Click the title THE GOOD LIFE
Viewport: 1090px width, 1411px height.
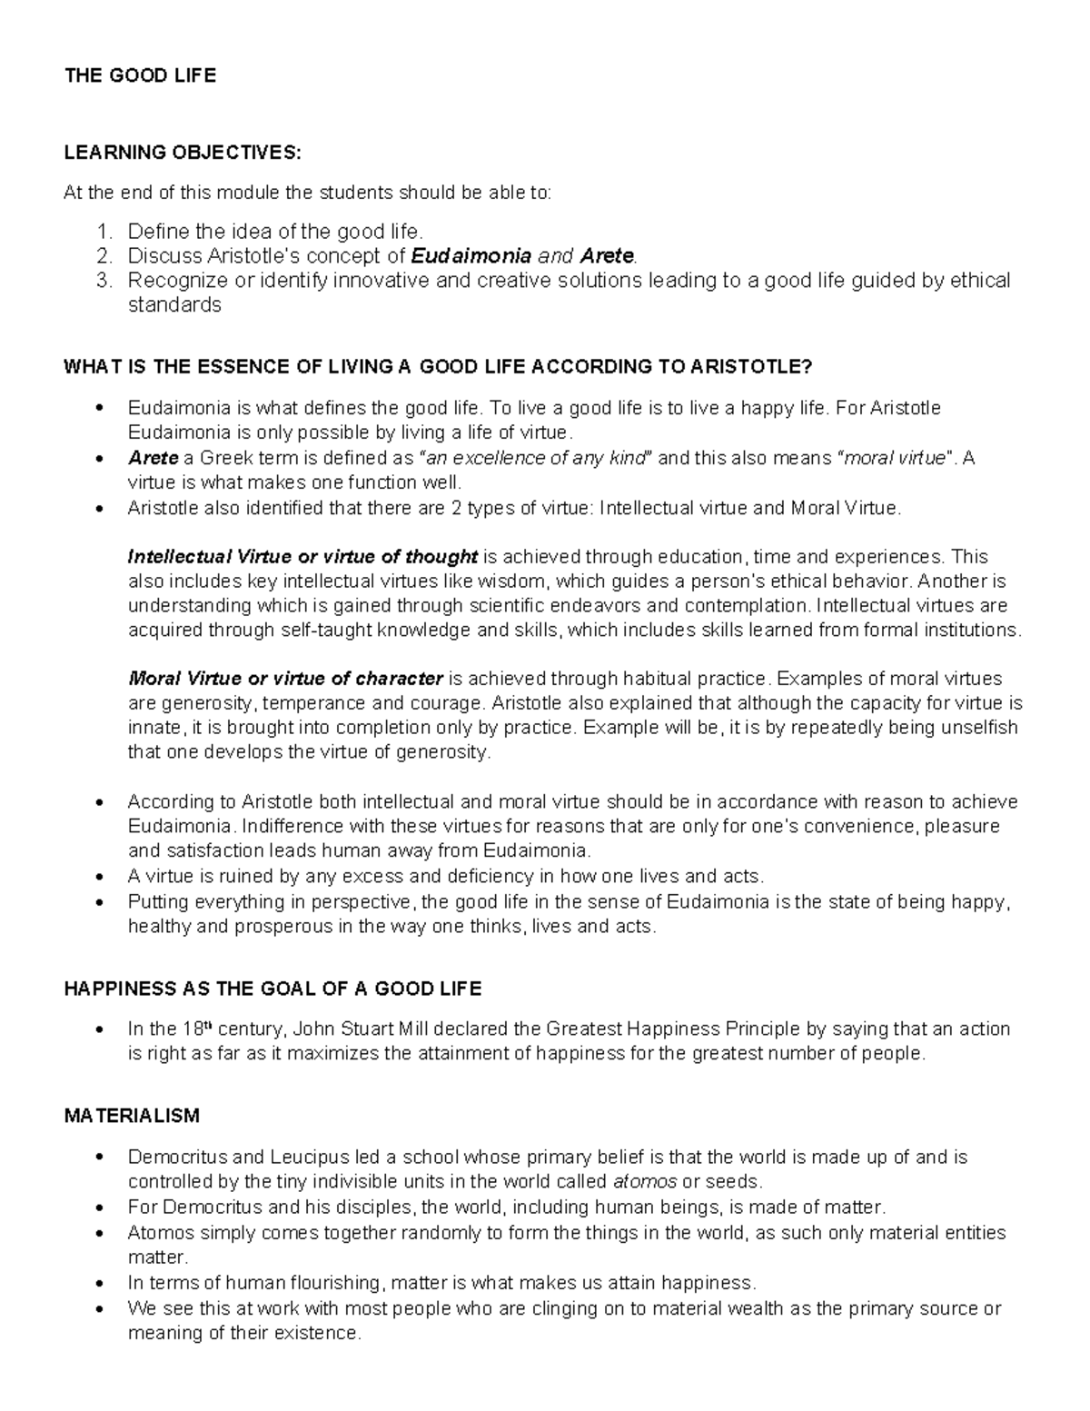point(140,76)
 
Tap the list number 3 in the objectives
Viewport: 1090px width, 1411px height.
point(103,281)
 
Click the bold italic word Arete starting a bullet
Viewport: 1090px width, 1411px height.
point(154,458)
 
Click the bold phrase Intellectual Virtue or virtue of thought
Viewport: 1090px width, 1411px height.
point(302,556)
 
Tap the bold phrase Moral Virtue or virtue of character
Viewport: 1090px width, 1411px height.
point(285,679)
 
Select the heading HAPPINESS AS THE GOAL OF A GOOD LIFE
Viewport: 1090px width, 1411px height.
point(272,989)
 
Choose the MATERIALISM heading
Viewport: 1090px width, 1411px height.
point(132,1115)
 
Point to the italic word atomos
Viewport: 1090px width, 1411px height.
point(645,1182)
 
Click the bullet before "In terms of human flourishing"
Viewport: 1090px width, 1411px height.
point(99,1284)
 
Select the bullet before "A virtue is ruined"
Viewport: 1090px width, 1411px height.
point(99,877)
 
